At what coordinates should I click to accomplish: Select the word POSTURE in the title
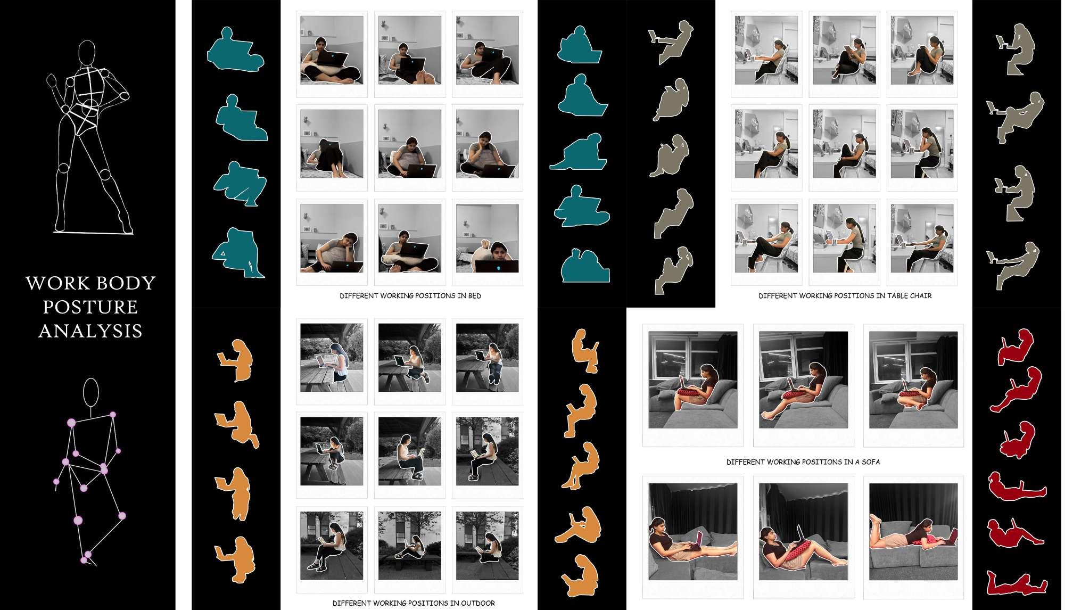click(x=90, y=307)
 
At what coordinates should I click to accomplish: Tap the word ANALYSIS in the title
click(x=90, y=331)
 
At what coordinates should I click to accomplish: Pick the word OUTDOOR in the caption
click(x=477, y=603)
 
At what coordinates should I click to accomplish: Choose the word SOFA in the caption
click(x=871, y=462)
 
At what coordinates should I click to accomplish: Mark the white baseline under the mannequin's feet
click(x=93, y=232)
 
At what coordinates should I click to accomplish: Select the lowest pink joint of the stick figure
click(x=84, y=560)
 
